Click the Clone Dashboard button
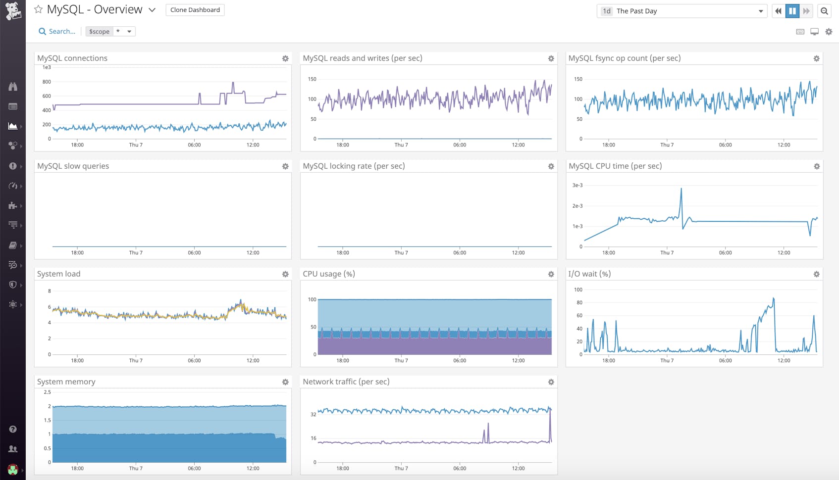pyautogui.click(x=195, y=10)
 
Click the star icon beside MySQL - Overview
pyautogui.click(x=38, y=9)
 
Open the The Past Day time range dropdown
pyautogui.click(x=682, y=11)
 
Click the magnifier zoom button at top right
pyautogui.click(x=824, y=11)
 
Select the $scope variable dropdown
pyautogui.click(x=110, y=31)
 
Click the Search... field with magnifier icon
pyautogui.click(x=57, y=31)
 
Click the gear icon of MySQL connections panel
pyautogui.click(x=285, y=58)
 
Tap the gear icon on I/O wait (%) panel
pyautogui.click(x=816, y=274)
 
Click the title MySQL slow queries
pyautogui.click(x=73, y=166)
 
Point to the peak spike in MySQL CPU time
pyautogui.click(x=681, y=189)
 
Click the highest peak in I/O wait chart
pyautogui.click(x=773, y=298)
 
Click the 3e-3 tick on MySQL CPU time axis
pyautogui.click(x=577, y=185)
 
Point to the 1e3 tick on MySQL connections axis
pyautogui.click(x=47, y=67)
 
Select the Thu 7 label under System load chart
pyautogui.click(x=136, y=360)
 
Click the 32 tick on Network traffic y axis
pyautogui.click(x=313, y=414)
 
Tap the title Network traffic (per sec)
pyautogui.click(x=346, y=382)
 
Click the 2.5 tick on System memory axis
pyautogui.click(x=47, y=392)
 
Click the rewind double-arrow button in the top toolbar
pyautogui.click(x=778, y=11)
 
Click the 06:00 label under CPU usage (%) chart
pyautogui.click(x=460, y=360)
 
